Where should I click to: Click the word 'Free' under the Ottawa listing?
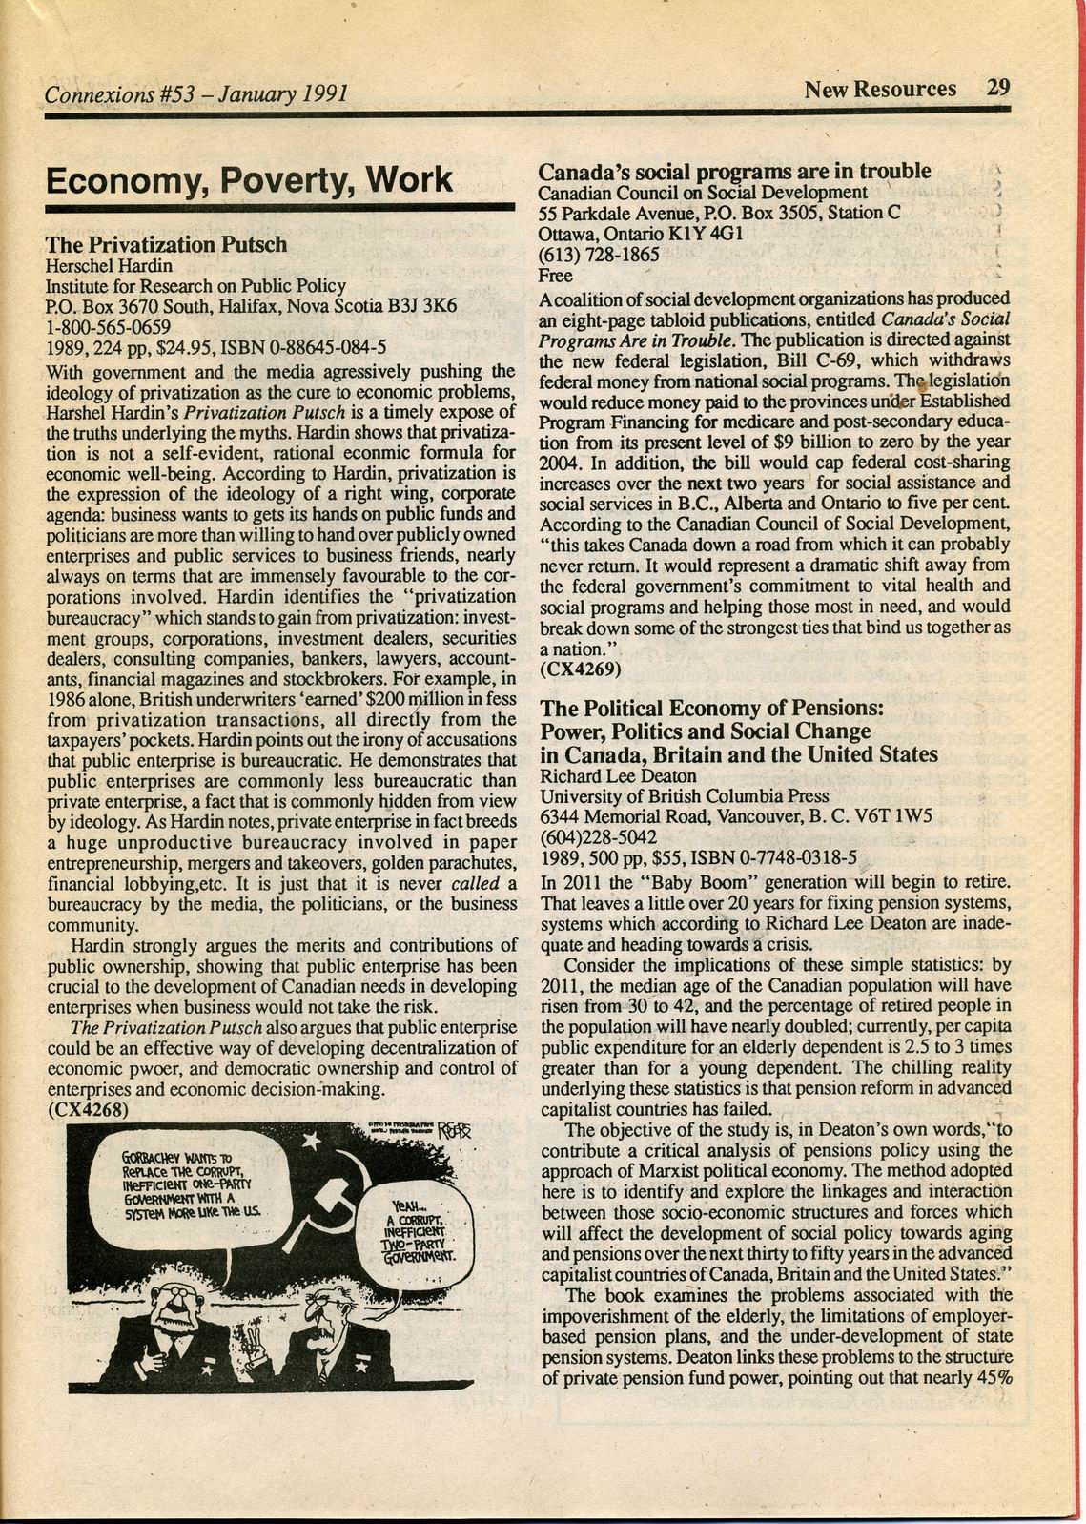[x=556, y=277]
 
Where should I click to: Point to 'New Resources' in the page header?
[x=880, y=90]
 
